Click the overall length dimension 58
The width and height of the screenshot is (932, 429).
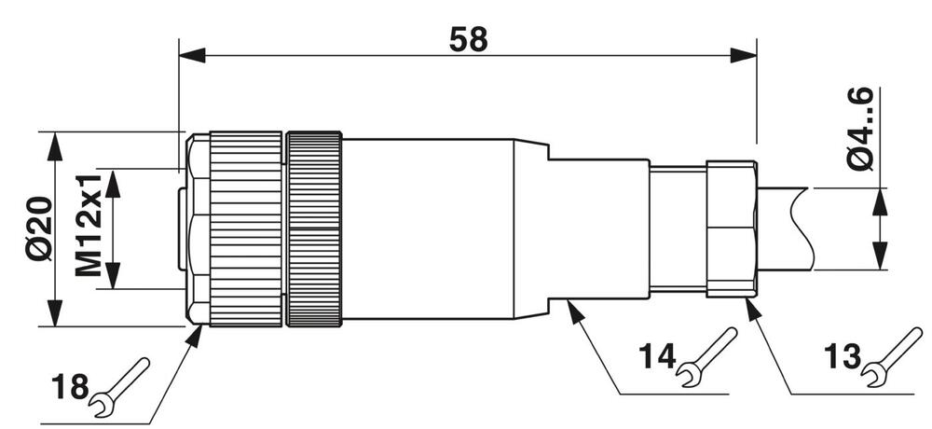[468, 39]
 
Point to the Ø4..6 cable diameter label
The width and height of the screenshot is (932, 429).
[859, 128]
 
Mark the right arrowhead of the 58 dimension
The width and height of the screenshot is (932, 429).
[745, 56]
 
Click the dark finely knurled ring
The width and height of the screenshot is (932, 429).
[314, 229]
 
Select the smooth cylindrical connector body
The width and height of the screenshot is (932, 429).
[429, 229]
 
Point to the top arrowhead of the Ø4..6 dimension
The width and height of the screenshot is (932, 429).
[879, 198]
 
